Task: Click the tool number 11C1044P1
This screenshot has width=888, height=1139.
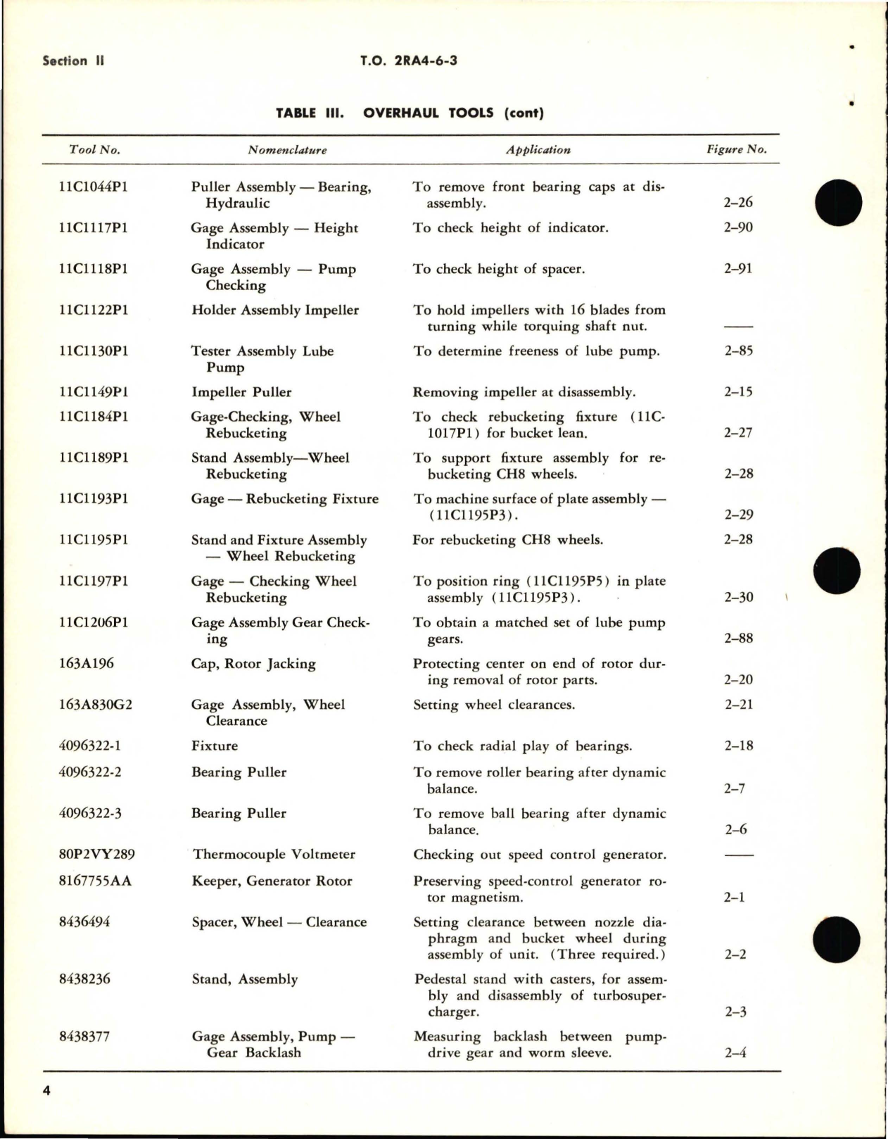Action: coord(94,187)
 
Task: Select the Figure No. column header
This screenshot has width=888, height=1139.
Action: coord(736,149)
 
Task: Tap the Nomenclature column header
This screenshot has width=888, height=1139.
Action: coord(287,150)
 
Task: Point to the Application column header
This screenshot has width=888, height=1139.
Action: coord(538,150)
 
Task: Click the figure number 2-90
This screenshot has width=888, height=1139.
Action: coord(738,227)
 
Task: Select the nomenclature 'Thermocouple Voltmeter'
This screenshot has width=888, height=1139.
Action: coord(274,854)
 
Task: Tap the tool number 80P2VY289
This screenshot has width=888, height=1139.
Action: coord(97,854)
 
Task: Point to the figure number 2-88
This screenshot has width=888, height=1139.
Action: coord(738,638)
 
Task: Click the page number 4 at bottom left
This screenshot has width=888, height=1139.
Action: coord(47,1091)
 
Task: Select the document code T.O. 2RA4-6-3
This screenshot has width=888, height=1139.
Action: coord(409,61)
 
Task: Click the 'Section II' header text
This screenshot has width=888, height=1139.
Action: coord(73,61)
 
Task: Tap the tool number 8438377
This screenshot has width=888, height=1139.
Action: coord(84,1036)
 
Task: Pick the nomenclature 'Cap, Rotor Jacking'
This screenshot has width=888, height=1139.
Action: coord(253,663)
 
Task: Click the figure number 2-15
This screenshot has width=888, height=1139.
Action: coord(738,392)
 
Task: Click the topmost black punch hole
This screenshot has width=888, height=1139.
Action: coord(838,201)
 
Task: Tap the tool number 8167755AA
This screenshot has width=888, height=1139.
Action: coord(95,881)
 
